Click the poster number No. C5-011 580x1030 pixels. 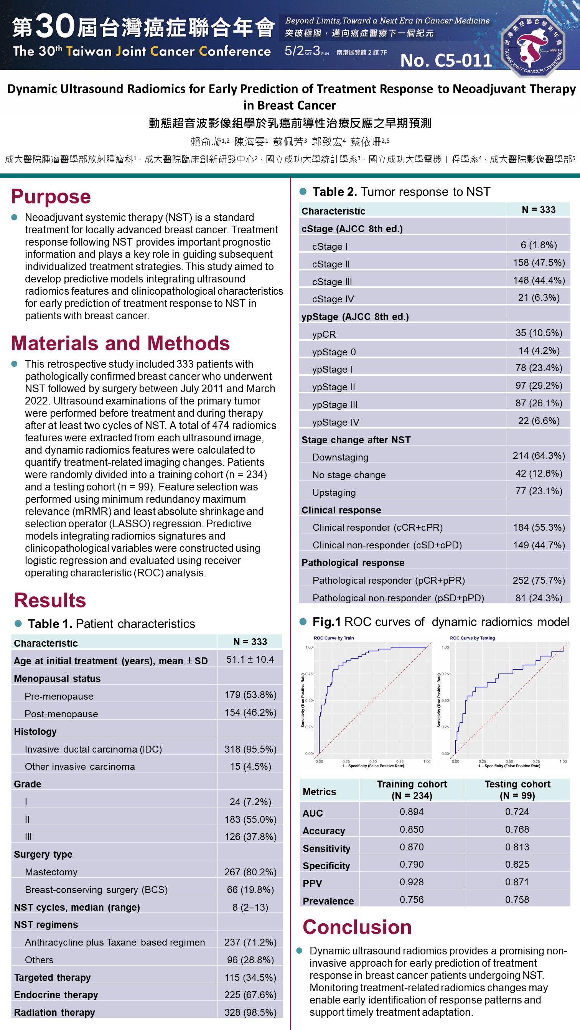[446, 60]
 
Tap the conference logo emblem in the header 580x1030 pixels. [533, 46]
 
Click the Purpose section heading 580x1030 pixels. [51, 197]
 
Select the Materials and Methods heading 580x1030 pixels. [120, 343]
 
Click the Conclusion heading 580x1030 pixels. [357, 927]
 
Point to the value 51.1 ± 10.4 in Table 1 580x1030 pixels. [250, 659]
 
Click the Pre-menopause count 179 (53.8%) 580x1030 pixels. [250, 695]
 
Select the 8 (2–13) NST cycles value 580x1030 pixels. [250, 907]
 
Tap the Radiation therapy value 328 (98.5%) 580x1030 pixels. [250, 1012]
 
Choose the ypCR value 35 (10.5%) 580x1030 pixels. [539, 333]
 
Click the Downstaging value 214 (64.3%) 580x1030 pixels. [539, 456]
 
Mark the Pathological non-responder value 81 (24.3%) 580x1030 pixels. [539, 598]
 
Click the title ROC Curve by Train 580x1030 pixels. [334, 638]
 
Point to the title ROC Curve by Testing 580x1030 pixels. [472, 638]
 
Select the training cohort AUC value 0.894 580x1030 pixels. [411, 812]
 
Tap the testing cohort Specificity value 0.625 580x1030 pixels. [517, 865]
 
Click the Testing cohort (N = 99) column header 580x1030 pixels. [517, 790]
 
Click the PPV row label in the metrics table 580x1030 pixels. [312, 883]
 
